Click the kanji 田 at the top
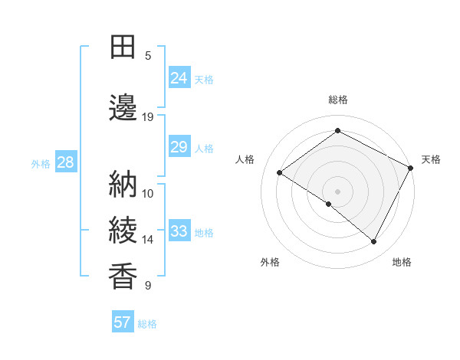click(x=123, y=47)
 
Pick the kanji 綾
click(x=123, y=231)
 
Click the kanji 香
click(x=123, y=277)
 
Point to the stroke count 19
click(x=148, y=117)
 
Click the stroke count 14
click(x=148, y=240)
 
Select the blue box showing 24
click(x=179, y=78)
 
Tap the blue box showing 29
click(x=179, y=147)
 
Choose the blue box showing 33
click(x=179, y=231)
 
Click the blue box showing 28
click(x=65, y=162)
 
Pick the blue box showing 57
click(x=123, y=322)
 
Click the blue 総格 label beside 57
click(x=147, y=324)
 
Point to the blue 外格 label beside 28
click(x=41, y=163)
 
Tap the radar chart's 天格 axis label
click(x=431, y=159)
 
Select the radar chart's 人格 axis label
click(x=245, y=159)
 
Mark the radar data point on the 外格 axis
click(x=329, y=205)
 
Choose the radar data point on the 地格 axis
click(x=374, y=242)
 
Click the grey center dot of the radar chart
click(x=337, y=191)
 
